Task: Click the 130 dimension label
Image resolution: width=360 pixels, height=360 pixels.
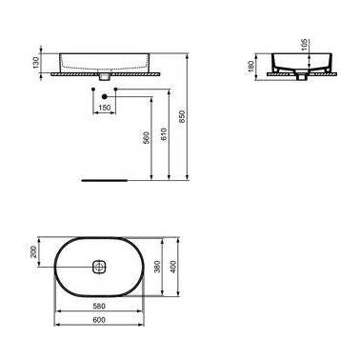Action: pyautogui.click(x=36, y=62)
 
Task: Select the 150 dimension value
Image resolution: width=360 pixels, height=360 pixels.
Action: pyautogui.click(x=105, y=108)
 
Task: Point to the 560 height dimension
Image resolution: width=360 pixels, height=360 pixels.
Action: pyautogui.click(x=146, y=137)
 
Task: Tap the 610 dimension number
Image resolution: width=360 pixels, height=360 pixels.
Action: pyautogui.click(x=164, y=134)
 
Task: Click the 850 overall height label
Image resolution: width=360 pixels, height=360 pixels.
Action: pyautogui.click(x=182, y=116)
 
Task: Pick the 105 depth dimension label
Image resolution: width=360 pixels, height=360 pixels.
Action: pyautogui.click(x=304, y=46)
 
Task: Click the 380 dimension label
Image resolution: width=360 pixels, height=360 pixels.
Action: pyautogui.click(x=157, y=267)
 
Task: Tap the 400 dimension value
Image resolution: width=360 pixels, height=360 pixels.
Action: pyautogui.click(x=173, y=267)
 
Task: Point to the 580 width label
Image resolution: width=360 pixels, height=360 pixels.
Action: pyautogui.click(x=99, y=307)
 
